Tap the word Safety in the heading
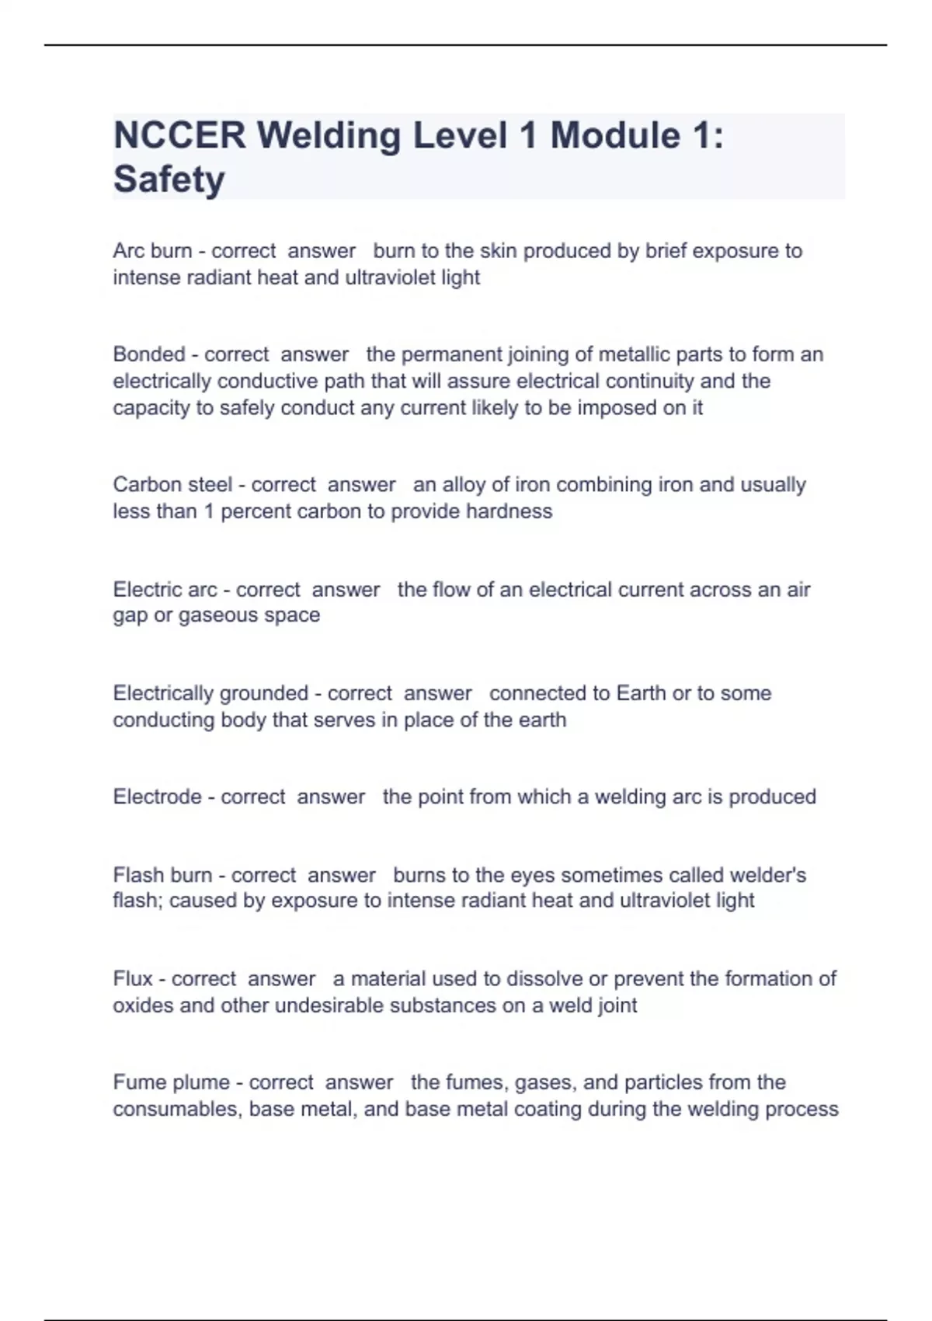pos(169,180)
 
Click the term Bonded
pos(149,354)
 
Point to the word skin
pos(496,251)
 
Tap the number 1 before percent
pos(209,511)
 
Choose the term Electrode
pos(157,796)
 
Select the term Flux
pos(133,978)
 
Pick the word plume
pos(202,1082)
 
